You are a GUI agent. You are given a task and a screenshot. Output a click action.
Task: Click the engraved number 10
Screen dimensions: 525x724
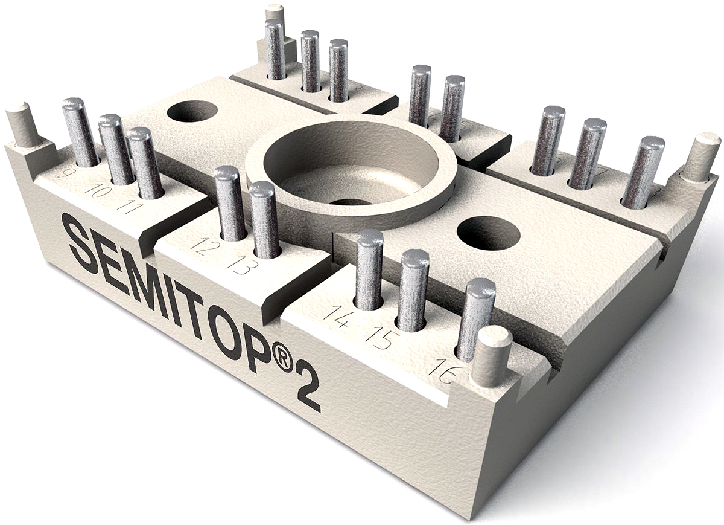pos(96,191)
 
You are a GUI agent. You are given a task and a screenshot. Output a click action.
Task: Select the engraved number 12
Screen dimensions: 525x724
pos(200,246)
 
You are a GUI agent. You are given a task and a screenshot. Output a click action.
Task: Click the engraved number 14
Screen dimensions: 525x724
pos(335,316)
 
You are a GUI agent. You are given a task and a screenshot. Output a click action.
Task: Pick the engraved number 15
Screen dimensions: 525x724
pos(379,338)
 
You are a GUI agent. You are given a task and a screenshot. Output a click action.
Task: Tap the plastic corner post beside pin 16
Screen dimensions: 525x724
pos(492,356)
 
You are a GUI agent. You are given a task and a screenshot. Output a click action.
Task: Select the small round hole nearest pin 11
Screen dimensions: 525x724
pos(192,112)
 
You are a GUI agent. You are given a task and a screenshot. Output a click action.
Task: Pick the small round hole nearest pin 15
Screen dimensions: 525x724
pos(488,233)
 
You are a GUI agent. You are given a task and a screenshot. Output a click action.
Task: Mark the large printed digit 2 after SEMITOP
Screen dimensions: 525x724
pos(308,394)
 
